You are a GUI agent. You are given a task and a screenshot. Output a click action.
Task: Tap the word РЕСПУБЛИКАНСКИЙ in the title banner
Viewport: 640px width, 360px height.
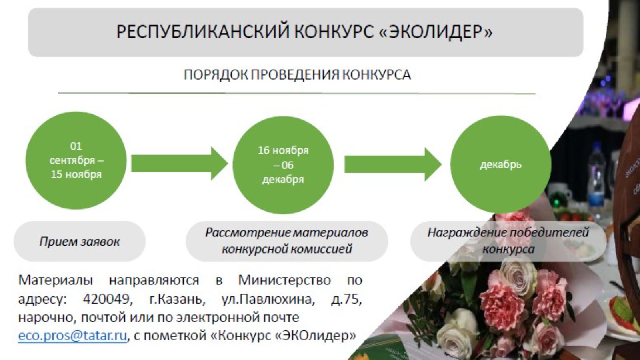tap(203, 32)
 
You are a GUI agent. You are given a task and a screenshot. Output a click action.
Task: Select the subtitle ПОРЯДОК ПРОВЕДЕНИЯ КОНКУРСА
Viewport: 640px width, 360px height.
tap(297, 75)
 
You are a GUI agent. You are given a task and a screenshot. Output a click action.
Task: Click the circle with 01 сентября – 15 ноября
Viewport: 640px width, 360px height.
tap(76, 160)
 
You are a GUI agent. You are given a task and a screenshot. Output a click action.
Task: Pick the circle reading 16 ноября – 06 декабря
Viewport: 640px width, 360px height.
tap(283, 165)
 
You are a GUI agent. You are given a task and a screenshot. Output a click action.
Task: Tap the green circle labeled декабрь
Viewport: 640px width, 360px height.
tap(501, 164)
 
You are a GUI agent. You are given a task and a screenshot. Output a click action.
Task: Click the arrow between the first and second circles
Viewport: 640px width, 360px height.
tap(180, 164)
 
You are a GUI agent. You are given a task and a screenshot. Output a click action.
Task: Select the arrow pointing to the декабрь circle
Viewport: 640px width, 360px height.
tap(393, 164)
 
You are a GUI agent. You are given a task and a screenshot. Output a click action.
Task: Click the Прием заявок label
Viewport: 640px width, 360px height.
tap(80, 242)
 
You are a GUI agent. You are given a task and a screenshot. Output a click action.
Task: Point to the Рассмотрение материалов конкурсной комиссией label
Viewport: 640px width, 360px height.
tap(286, 241)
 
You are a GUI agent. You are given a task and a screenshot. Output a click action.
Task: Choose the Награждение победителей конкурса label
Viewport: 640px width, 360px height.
tap(508, 241)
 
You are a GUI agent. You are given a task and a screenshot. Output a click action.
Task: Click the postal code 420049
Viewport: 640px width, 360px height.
tap(108, 300)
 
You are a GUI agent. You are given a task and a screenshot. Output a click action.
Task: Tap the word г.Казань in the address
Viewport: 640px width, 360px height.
tap(178, 300)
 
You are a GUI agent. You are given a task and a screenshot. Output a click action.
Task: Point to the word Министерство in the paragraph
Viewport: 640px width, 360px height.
tap(284, 280)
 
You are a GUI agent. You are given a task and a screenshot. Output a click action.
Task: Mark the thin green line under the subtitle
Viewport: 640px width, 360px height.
tap(296, 93)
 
